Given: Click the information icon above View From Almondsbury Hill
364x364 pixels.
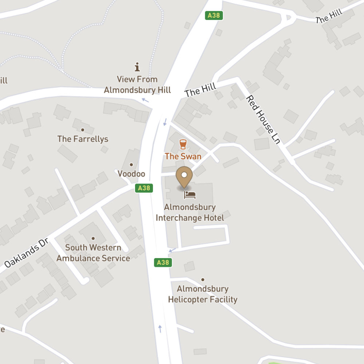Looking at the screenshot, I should pyautogui.click(x=137, y=67).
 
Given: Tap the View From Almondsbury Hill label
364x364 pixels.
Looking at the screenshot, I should pyautogui.click(x=137, y=84).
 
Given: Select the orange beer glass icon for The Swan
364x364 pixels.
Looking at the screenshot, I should pyautogui.click(x=183, y=145).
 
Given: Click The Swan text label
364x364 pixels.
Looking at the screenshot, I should pyautogui.click(x=183, y=157).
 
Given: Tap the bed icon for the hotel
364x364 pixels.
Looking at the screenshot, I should pyautogui.click(x=190, y=195).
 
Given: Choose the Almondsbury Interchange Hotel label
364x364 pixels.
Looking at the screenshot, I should pyautogui.click(x=190, y=213).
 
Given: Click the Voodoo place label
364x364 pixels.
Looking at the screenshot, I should pyautogui.click(x=131, y=174).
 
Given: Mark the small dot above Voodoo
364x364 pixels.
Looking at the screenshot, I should pyautogui.click(x=131, y=165).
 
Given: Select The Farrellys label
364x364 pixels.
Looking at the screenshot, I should pyautogui.click(x=83, y=139).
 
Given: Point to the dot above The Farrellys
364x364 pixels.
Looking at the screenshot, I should pyautogui.click(x=83, y=130).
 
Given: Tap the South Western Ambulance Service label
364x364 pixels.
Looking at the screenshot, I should pyautogui.click(x=93, y=253).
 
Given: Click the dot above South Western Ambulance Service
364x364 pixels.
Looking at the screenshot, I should pyautogui.click(x=93, y=238).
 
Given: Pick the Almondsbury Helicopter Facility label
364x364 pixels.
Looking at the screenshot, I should pyautogui.click(x=202, y=294).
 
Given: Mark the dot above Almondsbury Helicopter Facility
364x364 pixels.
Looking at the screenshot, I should pyautogui.click(x=203, y=280).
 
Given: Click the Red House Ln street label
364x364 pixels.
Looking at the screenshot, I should pyautogui.click(x=263, y=119).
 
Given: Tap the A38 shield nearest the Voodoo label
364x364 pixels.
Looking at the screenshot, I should pyautogui.click(x=144, y=188).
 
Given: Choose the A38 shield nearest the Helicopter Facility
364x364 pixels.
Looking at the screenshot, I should pyautogui.click(x=163, y=262).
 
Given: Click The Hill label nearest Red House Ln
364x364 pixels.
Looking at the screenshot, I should pyautogui.click(x=200, y=90).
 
